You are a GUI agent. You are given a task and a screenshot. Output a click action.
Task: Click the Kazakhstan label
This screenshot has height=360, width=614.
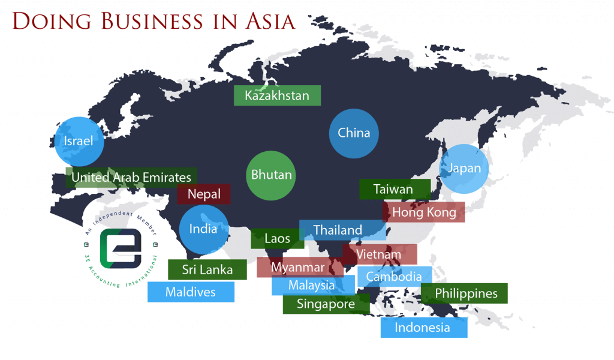click(x=277, y=95)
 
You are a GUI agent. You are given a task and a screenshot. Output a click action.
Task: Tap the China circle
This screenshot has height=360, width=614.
click(x=354, y=133)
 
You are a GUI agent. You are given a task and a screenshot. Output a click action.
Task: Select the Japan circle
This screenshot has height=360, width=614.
click(x=464, y=169)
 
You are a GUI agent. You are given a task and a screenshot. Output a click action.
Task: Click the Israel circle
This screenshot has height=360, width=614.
click(x=79, y=142)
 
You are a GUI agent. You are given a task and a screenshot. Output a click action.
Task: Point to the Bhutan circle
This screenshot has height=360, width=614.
click(x=271, y=175)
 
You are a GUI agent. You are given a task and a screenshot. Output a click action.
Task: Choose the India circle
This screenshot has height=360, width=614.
click(x=204, y=229)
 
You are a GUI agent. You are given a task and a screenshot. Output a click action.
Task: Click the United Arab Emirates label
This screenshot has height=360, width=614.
click(x=131, y=177)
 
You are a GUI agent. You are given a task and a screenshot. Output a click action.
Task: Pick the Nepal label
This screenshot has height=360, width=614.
click(x=204, y=194)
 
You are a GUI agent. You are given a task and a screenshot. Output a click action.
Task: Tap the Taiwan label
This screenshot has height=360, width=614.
click(x=394, y=189)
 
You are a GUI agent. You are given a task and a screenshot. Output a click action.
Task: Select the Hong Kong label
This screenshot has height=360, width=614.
click(x=424, y=212)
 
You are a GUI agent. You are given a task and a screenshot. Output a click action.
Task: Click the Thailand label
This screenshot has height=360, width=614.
click(x=338, y=230)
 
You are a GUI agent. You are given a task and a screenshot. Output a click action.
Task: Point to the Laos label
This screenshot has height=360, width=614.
click(x=277, y=238)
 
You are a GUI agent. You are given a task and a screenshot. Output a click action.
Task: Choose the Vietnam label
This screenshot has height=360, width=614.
click(x=379, y=254)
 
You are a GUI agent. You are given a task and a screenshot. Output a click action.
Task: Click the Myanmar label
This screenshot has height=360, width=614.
click(x=298, y=267)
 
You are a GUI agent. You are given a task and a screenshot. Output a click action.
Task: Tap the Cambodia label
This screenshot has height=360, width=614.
click(x=394, y=277)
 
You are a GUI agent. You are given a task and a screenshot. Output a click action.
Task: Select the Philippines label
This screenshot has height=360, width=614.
click(x=465, y=293)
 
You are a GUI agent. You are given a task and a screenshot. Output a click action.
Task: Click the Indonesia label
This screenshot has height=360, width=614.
click(x=423, y=327)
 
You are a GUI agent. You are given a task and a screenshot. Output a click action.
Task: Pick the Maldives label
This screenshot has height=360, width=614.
click(x=191, y=292)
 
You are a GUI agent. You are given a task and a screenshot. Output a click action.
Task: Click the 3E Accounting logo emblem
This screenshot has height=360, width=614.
click(x=121, y=247)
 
